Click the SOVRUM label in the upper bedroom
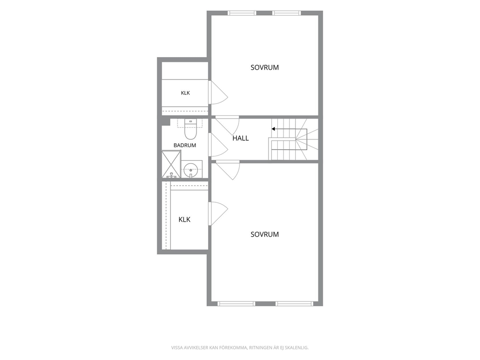[x=265, y=68]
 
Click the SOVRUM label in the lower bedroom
[x=265, y=235]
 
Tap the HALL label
[x=240, y=138]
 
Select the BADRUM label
[x=184, y=146]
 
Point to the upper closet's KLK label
[x=185, y=93]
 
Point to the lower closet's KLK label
[x=184, y=220]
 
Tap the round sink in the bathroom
[x=191, y=169]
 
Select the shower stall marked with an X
[x=171, y=164]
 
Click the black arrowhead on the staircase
[x=273, y=129]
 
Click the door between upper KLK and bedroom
[x=218, y=93]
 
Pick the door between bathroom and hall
[x=218, y=145]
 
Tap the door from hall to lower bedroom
[x=228, y=170]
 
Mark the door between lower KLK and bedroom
[x=218, y=214]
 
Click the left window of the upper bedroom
[x=241, y=13]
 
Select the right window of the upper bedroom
[x=286, y=13]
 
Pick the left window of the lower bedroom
[x=236, y=304]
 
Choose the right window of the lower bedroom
[x=294, y=304]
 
